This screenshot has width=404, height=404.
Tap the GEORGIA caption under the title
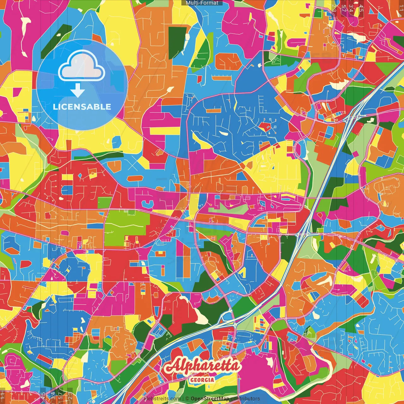pos(202,380)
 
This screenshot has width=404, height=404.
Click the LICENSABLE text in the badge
pos(82,107)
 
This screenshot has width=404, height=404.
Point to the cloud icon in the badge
pos(82,66)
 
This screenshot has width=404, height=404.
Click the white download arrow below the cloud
pos(78,91)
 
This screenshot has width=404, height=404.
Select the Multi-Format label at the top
pos(202,3)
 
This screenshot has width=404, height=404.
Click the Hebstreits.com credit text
pos(162,399)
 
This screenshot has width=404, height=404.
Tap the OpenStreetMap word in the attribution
pos(210,399)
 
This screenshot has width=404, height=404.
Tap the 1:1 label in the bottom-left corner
pos(3,395)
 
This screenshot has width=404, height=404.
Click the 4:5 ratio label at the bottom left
pos(43,395)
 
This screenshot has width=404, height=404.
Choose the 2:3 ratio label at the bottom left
pos(70,395)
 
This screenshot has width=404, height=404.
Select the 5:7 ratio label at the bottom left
pos(61,395)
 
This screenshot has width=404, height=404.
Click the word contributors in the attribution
pos(245,399)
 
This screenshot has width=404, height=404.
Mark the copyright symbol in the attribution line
pos(187,399)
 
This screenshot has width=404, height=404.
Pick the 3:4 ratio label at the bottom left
pos(53,395)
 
